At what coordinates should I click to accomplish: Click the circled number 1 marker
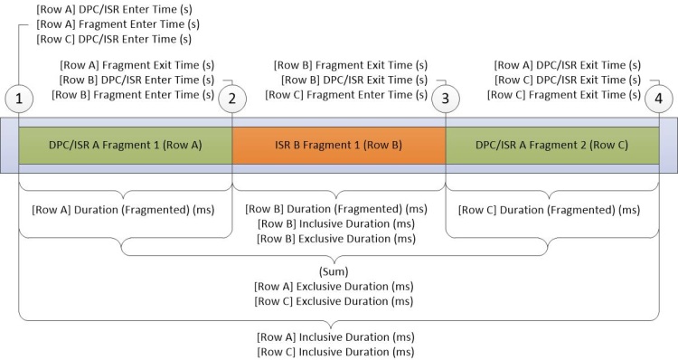tap(18, 97)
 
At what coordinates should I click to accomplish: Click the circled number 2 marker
tap(232, 97)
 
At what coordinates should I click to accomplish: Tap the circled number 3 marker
tap(445, 97)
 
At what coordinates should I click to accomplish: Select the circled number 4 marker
tap(658, 97)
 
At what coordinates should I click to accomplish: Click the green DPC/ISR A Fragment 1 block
tap(125, 146)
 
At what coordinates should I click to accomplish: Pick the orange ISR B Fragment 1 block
tap(338, 146)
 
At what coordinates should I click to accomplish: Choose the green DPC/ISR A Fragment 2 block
tap(551, 146)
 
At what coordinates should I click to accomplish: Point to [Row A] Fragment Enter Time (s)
tap(118, 24)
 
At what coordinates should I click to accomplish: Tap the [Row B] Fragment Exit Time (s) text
tap(351, 64)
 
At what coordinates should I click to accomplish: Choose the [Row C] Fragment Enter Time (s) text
tap(351, 94)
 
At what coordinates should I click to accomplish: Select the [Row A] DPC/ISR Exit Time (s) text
tap(568, 64)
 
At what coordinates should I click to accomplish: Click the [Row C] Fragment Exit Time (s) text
tap(564, 94)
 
